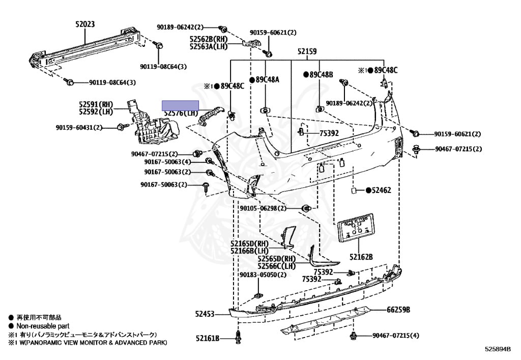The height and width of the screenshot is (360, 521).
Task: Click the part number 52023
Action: click(85, 24)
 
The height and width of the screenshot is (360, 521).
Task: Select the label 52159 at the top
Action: click(307, 51)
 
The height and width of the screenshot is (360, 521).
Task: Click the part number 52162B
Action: click(361, 257)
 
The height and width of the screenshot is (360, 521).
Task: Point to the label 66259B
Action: click(398, 310)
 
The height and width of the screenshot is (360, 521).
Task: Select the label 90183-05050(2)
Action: click(263, 275)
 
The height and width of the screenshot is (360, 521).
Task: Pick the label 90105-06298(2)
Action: click(263, 208)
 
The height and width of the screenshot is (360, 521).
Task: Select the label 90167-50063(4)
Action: click(167, 162)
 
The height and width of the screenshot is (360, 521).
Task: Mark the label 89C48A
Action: click(268, 80)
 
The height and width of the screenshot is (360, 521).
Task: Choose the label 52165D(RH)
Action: click(249, 243)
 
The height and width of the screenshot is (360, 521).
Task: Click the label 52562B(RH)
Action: click(209, 39)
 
